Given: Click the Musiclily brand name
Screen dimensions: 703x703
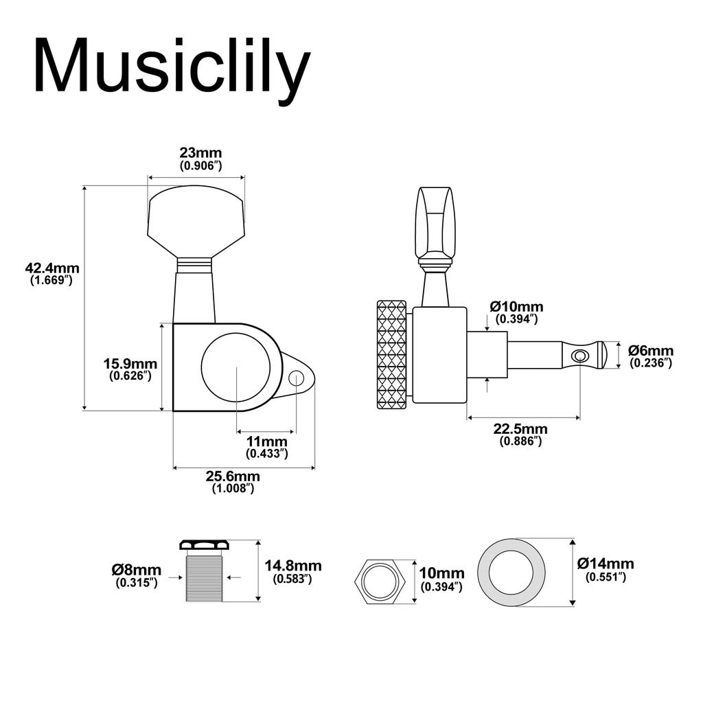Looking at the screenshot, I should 171,67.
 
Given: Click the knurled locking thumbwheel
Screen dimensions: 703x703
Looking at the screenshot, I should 391,354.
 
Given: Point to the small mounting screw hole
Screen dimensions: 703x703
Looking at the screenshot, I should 297,377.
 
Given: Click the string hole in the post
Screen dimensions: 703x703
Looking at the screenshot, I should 580,355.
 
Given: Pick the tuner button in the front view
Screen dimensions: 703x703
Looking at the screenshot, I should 196,220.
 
